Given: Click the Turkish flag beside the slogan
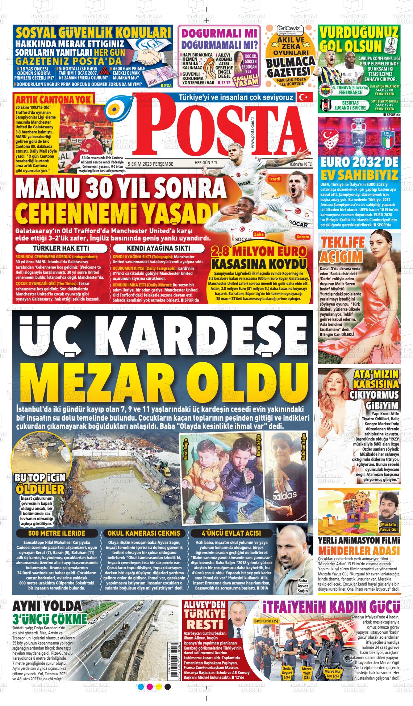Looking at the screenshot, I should click(x=302, y=97).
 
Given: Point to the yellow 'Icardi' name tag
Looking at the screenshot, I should click(x=275, y=179).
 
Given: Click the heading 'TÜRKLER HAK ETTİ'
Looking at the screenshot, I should click(x=61, y=248).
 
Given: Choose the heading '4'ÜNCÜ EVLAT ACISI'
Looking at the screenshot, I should click(x=231, y=533).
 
